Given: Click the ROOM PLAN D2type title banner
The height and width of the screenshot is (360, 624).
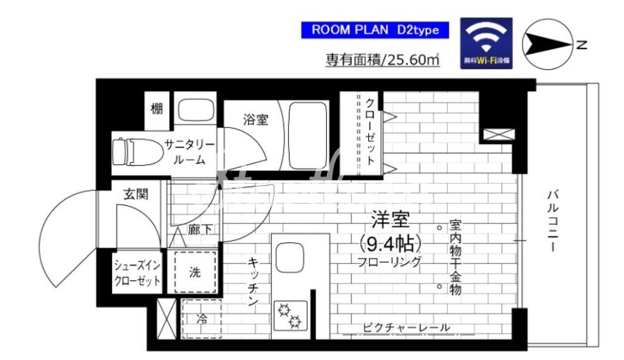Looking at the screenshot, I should pos(375,30).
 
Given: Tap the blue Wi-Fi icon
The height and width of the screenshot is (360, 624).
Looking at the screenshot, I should pos(486,43).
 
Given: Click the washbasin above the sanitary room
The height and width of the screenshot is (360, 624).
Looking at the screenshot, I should pos(195,111).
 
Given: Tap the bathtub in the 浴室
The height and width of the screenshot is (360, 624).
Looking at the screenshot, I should pos(308,135).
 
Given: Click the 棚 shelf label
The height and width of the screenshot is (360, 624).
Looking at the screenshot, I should pos(157,109).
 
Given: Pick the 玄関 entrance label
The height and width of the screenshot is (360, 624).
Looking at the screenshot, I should pos(135,194).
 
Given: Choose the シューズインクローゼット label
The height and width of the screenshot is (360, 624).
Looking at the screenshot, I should pos(137,273).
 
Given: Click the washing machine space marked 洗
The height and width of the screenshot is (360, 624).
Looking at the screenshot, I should pos(195,273).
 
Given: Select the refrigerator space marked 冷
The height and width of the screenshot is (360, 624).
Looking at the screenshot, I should pos(201,319).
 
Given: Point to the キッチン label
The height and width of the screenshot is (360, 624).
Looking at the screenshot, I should pos(252,281).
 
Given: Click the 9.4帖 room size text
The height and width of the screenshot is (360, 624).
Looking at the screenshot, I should pos(390,242).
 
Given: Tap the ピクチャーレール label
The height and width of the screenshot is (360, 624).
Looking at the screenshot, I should pos(406,328).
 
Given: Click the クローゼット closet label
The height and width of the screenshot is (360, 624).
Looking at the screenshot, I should pos(370,132).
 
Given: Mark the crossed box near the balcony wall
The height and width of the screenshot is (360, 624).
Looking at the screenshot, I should pos(499,133).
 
